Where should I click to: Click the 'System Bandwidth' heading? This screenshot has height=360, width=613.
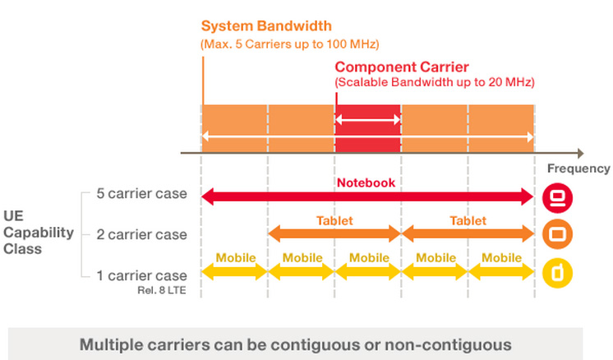tap(266, 25)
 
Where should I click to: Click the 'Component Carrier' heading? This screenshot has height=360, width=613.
tap(402, 67)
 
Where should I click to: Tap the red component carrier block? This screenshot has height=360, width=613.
tap(367, 128)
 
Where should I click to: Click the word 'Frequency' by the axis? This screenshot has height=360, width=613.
tap(578, 168)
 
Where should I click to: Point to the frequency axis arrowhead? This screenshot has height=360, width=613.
tap(581, 153)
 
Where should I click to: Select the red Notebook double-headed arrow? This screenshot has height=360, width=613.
tap(367, 196)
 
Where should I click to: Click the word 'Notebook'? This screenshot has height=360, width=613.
tap(366, 182)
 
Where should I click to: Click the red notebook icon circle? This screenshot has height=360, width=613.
tap(557, 198)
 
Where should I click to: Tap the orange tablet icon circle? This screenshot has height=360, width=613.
tap(557, 234)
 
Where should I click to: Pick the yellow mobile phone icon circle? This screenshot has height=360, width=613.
tap(557, 273)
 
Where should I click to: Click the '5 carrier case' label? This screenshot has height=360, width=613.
tap(141, 193)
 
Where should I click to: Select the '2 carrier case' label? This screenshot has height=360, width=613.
tap(141, 234)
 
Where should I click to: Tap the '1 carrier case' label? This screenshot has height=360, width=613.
tap(141, 275)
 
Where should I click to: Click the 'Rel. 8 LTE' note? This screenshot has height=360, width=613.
tap(161, 290)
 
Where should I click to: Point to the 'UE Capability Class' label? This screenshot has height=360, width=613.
tap(39, 232)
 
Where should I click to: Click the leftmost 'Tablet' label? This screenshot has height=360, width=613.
tap(334, 221)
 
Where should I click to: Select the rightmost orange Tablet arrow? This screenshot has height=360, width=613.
tap(468, 233)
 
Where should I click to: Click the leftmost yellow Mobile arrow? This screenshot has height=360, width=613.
tap(234, 272)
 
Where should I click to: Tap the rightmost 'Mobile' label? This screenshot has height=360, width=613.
tap(501, 258)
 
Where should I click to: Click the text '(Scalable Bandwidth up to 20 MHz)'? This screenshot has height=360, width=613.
tap(435, 82)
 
